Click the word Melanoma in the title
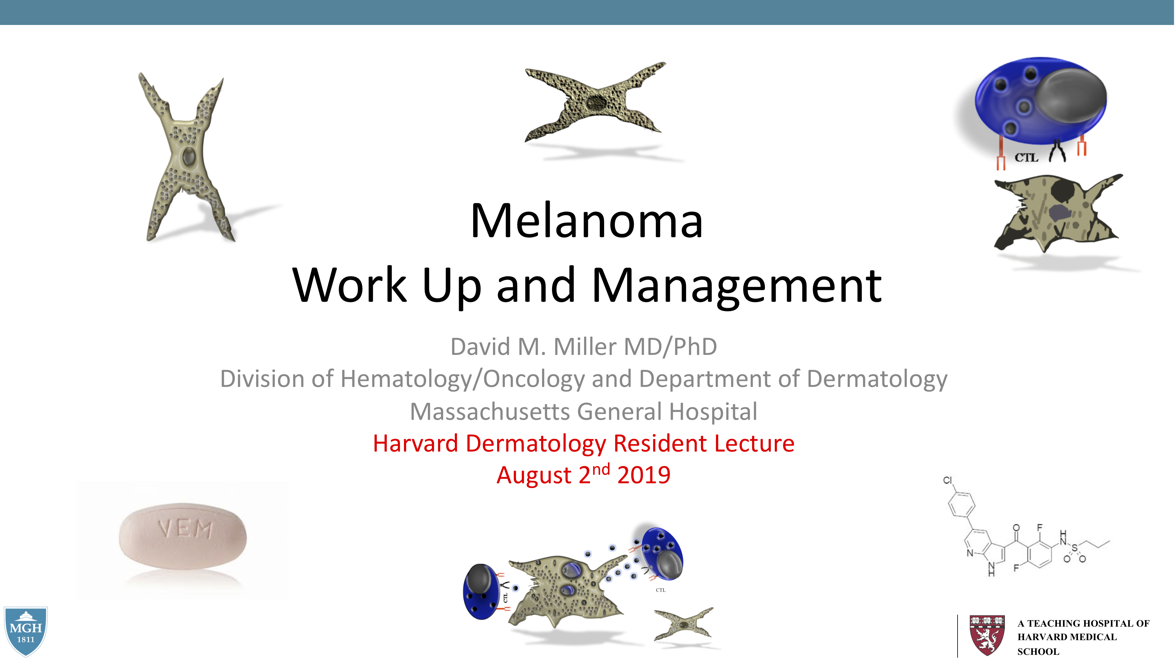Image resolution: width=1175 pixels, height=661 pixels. (x=586, y=221)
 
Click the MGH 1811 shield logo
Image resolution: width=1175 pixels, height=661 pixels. (x=26, y=631)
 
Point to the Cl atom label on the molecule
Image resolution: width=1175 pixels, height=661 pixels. (x=947, y=480)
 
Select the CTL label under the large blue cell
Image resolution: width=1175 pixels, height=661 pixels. (x=1026, y=158)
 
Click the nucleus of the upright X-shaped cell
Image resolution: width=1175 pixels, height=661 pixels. (x=188, y=157)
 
